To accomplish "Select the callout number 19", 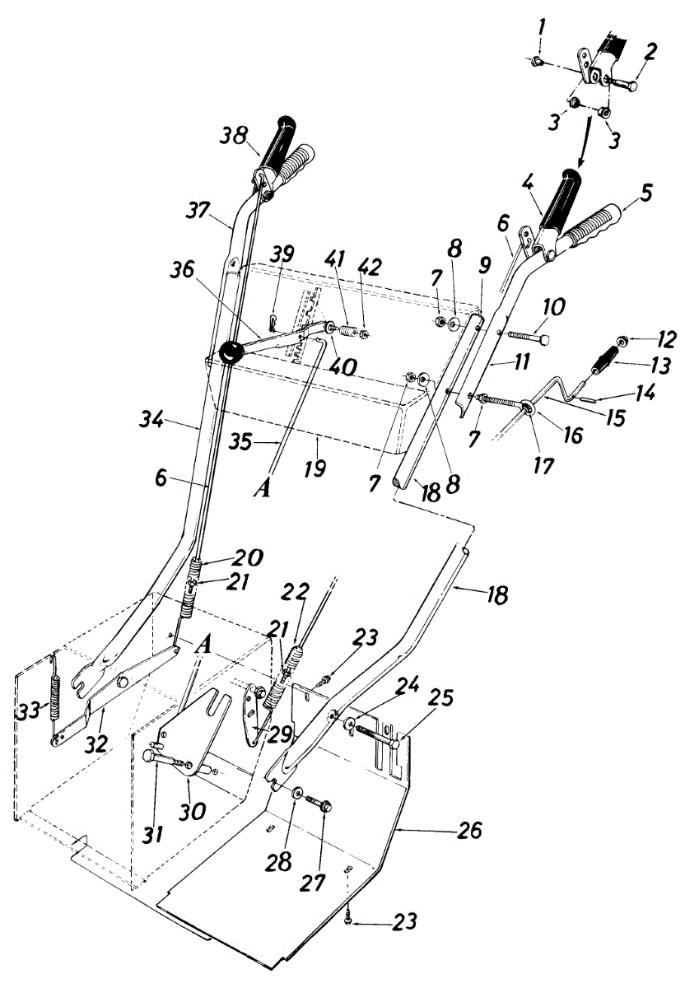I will tap(315, 469).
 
